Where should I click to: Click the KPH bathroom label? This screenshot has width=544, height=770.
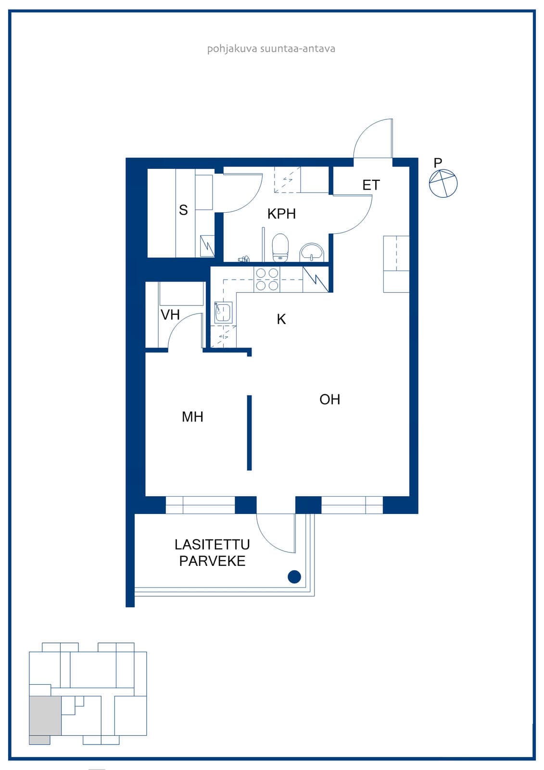pos(281,214)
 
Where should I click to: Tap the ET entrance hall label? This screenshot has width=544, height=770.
pos(371,185)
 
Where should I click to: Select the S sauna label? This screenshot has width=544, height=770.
pos(184,210)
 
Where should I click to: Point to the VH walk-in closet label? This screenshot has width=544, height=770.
pos(170,315)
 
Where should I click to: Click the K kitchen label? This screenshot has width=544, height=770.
pos(281,320)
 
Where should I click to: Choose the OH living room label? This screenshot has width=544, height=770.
pos(329,399)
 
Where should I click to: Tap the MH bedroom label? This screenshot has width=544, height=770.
pos(192,417)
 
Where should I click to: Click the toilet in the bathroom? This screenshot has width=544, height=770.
pos(280,248)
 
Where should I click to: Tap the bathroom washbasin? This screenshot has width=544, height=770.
pos(312,253)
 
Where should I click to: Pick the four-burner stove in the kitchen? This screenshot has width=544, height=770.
pos(267,280)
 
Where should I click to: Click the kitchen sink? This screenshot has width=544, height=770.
pos(223,312)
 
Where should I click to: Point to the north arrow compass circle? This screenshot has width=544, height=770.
pos(443,183)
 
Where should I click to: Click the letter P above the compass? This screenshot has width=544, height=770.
pos(438,163)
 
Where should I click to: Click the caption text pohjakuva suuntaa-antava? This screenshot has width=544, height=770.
pos(271,49)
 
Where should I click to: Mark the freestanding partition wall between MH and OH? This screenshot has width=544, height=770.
pos(250,433)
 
